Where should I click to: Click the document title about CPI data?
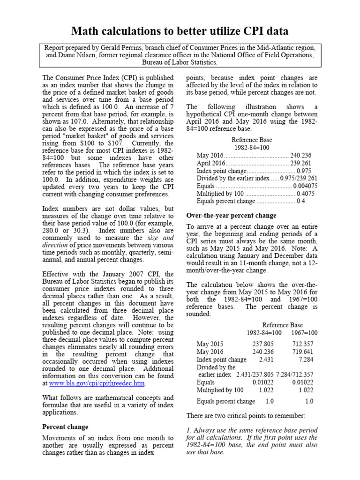point(180,31)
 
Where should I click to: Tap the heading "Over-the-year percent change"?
point(232,216)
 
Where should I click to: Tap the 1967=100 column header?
point(304,333)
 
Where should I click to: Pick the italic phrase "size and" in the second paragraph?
point(160,238)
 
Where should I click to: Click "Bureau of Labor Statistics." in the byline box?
point(180,62)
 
